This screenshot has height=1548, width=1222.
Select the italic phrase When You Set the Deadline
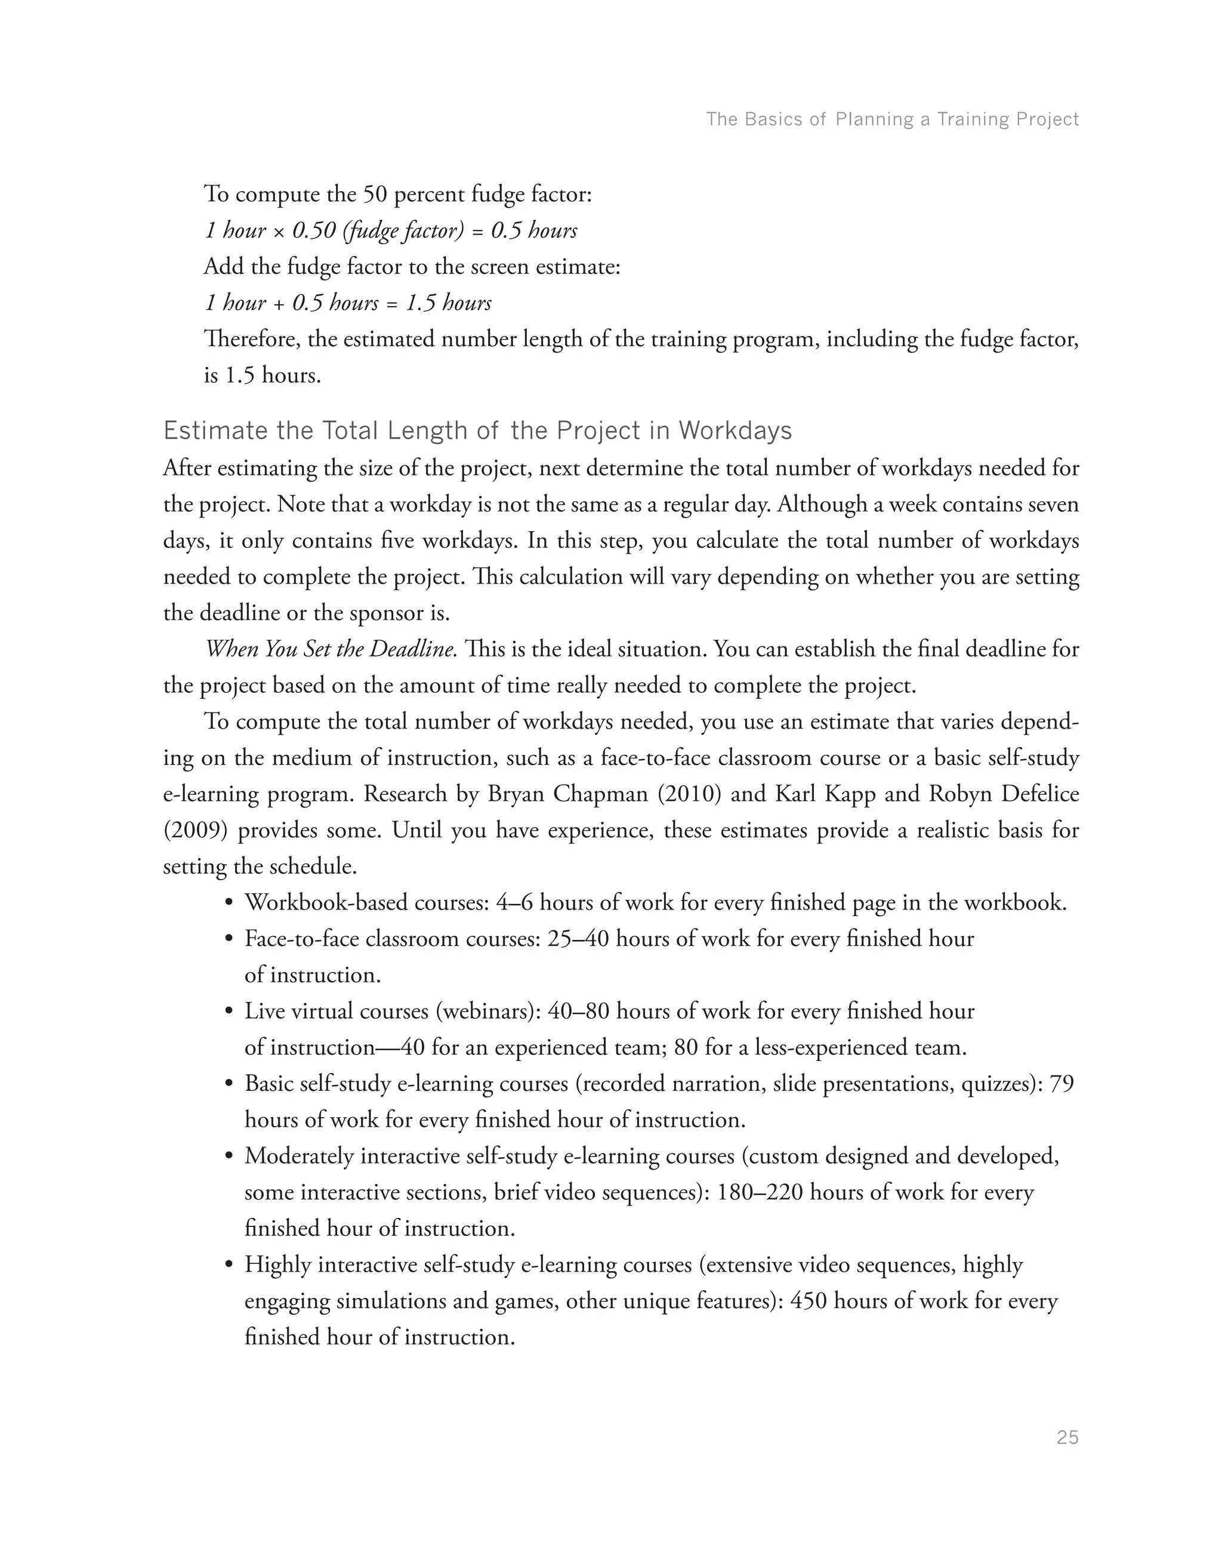[331, 649]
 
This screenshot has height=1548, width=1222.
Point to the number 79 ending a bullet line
[1061, 1084]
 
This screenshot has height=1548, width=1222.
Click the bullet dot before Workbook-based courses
[229, 903]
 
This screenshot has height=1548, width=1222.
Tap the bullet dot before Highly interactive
[229, 1265]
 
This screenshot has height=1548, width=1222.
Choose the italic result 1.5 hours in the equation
[449, 303]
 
